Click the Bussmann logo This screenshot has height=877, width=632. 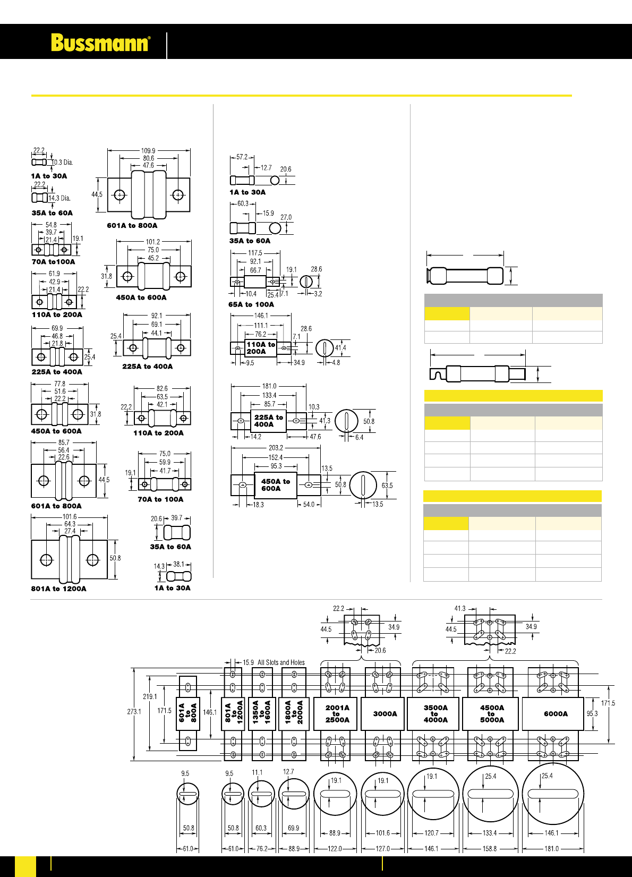[x=100, y=43]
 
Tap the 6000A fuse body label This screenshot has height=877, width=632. [x=556, y=714]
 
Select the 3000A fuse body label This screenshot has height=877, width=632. [x=385, y=714]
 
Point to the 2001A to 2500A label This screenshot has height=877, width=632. [x=337, y=714]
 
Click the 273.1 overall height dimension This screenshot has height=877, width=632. [x=134, y=712]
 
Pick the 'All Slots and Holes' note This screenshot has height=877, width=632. [x=281, y=662]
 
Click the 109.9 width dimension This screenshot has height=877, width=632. [x=148, y=151]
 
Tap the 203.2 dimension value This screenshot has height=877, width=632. [x=276, y=448]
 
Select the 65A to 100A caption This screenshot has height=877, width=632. [x=251, y=304]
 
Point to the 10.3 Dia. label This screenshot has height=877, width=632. [x=63, y=163]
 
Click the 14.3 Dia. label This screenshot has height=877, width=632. [x=59, y=198]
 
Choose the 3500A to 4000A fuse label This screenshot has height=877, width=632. [x=435, y=714]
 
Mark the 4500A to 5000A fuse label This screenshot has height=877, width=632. [x=492, y=714]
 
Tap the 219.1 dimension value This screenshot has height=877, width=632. [x=150, y=697]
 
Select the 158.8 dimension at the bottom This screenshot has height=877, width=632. [x=489, y=849]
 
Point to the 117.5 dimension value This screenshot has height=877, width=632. [x=255, y=253]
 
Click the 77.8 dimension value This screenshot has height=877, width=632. [x=59, y=384]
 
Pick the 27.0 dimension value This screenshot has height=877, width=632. [x=286, y=217]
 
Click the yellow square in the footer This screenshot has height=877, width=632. [x=25, y=866]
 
